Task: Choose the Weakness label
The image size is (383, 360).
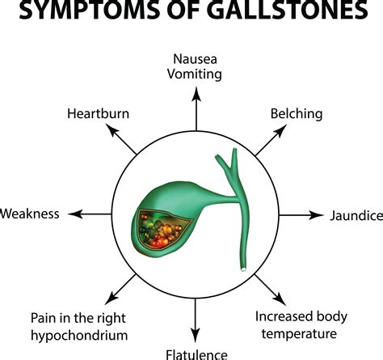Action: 30,214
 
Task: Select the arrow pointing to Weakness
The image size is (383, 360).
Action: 87,214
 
